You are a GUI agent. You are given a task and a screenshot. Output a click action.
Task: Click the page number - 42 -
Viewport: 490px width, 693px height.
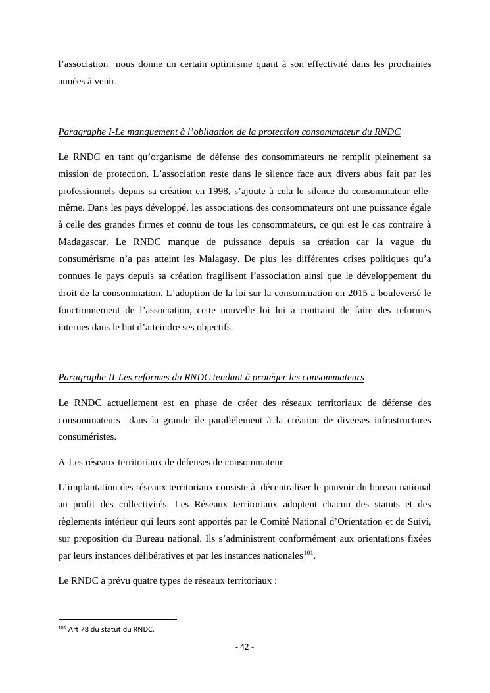pyautogui.click(x=245, y=646)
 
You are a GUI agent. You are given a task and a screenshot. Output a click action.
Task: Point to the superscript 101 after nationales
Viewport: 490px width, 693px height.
pyautogui.click(x=308, y=553)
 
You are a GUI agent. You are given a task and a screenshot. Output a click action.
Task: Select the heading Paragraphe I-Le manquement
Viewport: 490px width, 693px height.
pyautogui.click(x=229, y=132)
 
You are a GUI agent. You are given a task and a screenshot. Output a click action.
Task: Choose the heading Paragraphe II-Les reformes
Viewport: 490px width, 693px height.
pyautogui.click(x=210, y=378)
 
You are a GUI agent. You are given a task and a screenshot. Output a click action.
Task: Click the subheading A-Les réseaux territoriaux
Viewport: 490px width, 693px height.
pyautogui.click(x=170, y=462)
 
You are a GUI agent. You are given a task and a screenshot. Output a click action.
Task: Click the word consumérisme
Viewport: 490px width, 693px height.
pyautogui.click(x=87, y=259)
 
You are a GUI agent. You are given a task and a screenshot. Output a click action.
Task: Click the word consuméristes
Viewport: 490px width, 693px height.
pyautogui.click(x=87, y=436)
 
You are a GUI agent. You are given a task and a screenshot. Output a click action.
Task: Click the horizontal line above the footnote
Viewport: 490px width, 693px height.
pyautogui.click(x=118, y=619)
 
